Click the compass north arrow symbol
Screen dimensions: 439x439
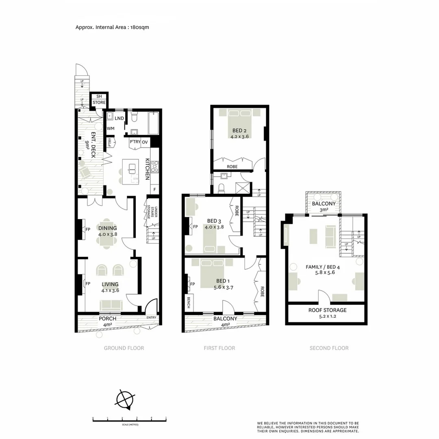click(125, 399)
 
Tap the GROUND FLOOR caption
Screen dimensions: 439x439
click(124, 348)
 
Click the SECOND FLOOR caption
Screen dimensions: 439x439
click(329, 348)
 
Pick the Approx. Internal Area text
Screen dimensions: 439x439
click(114, 27)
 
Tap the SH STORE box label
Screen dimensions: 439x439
click(99, 100)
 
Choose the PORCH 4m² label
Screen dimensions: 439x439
click(107, 321)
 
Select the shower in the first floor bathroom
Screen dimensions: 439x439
click(245, 188)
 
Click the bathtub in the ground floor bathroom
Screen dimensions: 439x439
click(154, 123)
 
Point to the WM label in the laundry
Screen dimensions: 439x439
click(110, 129)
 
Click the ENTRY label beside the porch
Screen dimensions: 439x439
click(151, 317)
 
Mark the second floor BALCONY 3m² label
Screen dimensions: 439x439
click(324, 206)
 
